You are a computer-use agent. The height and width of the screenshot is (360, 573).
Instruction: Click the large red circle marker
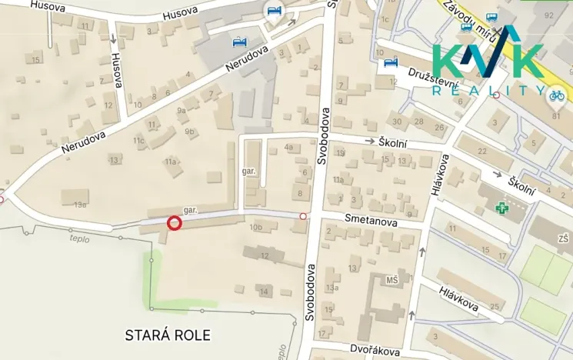click(174, 223)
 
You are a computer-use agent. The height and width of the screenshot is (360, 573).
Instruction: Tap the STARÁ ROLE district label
click(167, 335)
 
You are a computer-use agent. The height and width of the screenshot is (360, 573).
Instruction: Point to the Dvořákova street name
click(375, 350)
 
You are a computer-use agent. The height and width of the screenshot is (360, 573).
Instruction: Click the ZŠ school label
click(564, 240)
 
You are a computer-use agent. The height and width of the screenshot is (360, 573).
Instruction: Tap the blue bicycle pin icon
click(555, 95)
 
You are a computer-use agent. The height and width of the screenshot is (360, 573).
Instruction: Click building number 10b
click(255, 228)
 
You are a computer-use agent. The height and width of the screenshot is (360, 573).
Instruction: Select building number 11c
click(138, 141)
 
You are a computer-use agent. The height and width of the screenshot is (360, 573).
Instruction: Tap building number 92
click(548, 15)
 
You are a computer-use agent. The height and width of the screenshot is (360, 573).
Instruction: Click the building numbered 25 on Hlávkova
click(495, 307)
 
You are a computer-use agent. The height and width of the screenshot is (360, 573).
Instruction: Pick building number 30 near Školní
click(397, 122)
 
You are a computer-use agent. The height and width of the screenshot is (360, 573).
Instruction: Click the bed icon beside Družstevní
click(390, 62)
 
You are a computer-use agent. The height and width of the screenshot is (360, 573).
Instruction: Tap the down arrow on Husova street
click(113, 37)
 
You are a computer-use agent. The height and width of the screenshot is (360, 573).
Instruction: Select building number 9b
click(188, 132)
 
